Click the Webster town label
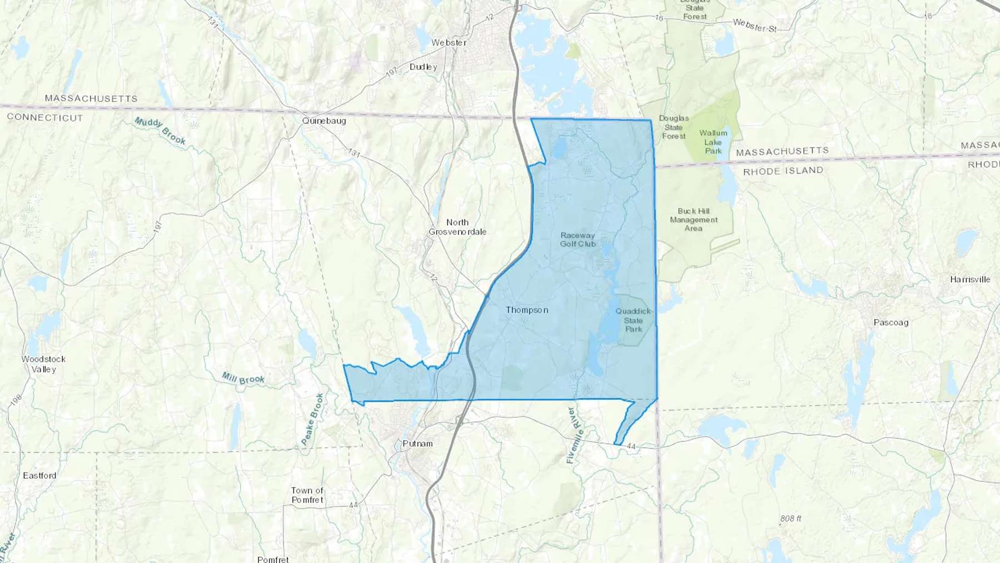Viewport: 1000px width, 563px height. click(x=449, y=43)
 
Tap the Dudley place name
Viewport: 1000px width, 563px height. click(x=423, y=67)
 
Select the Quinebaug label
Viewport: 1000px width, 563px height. click(x=324, y=121)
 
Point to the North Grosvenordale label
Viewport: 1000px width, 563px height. click(x=457, y=227)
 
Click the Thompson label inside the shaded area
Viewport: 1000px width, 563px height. click(x=527, y=310)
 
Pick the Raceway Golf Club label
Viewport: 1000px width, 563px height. click(x=578, y=240)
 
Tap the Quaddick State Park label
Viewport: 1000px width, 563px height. click(x=633, y=320)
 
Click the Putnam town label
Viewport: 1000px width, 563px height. click(x=417, y=444)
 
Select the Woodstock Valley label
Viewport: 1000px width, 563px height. click(x=43, y=364)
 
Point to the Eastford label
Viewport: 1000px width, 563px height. click(x=39, y=476)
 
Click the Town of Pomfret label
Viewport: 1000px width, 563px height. click(x=307, y=495)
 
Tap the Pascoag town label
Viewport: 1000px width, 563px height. click(x=891, y=322)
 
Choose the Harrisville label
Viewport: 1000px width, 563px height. click(x=970, y=280)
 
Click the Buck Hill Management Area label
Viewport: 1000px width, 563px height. click(x=693, y=220)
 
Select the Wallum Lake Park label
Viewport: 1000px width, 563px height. click(x=713, y=142)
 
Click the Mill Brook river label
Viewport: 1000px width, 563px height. click(x=243, y=378)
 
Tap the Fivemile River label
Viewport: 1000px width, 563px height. click(x=574, y=436)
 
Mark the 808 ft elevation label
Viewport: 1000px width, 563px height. click(x=791, y=519)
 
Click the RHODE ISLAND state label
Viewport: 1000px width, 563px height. click(x=783, y=171)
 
